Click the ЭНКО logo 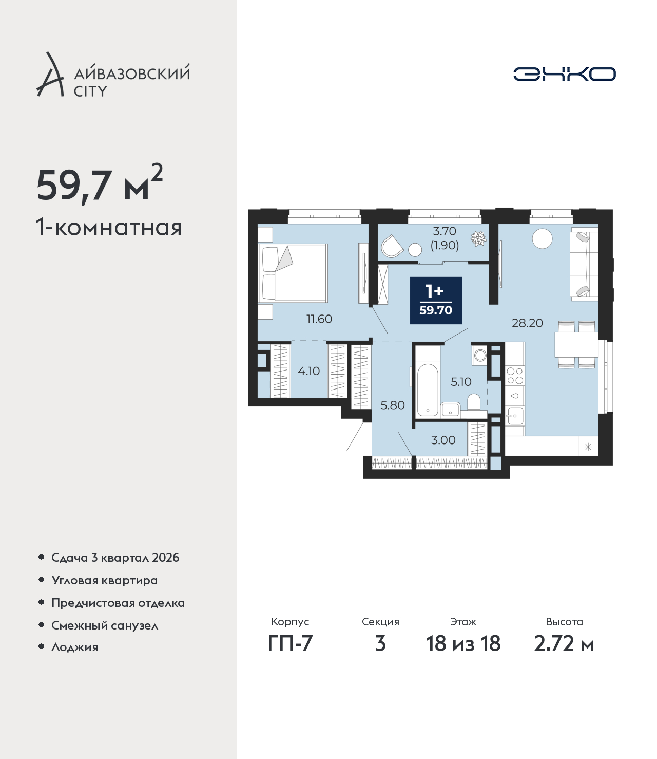coord(564,74)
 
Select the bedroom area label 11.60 coord(319,319)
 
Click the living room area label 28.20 coord(527,323)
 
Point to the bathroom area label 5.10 coord(461,382)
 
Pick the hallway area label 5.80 coord(393,405)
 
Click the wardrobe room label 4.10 coord(308,371)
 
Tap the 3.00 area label coord(443,440)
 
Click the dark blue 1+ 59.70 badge coord(436,301)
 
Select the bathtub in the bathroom coord(428,390)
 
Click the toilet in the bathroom coord(474,402)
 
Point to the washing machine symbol coord(480,355)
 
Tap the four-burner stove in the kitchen coord(515,376)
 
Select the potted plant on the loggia coord(479,238)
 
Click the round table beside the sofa coord(542,238)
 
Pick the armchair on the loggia coord(392,246)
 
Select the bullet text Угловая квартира coord(105,581)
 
